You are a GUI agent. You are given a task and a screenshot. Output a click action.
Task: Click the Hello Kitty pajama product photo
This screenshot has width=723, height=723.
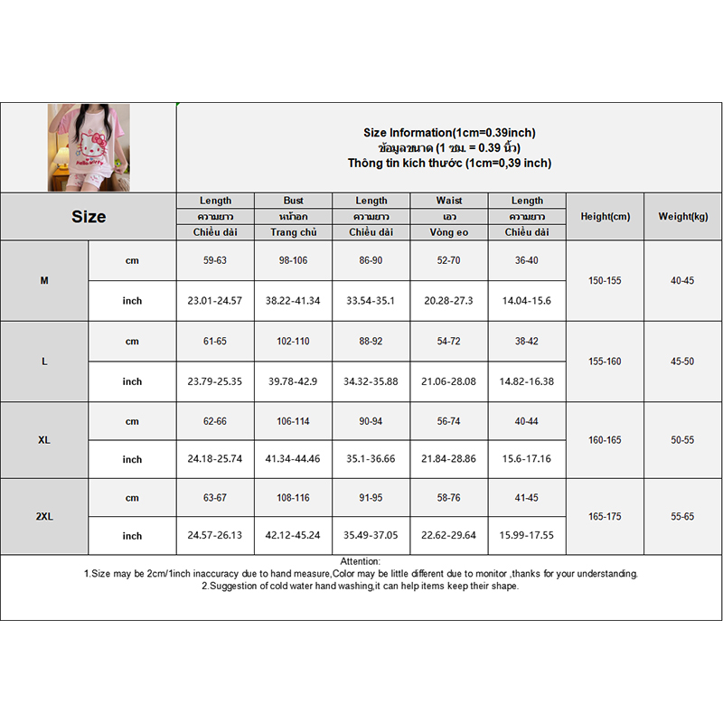[x=89, y=147]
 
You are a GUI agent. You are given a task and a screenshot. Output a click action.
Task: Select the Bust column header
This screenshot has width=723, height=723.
[x=294, y=201]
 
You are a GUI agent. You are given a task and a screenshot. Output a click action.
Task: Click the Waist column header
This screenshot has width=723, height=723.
[x=449, y=201]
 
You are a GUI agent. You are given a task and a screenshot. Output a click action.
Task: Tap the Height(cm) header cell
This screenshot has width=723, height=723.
[x=606, y=216]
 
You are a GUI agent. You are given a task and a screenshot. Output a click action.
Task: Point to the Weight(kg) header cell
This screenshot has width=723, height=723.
[x=682, y=216]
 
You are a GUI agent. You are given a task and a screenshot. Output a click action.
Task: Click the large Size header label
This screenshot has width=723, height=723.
[x=89, y=217]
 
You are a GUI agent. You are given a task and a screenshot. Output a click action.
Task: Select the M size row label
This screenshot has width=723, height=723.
[x=44, y=281]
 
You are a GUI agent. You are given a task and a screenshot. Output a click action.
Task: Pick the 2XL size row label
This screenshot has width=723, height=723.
[x=44, y=517]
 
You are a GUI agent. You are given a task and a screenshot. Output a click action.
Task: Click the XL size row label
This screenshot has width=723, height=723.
[x=44, y=440]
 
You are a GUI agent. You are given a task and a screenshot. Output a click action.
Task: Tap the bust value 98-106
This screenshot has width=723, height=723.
[x=294, y=261]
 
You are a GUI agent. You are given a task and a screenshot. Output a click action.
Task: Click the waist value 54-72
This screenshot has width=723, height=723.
[x=449, y=342]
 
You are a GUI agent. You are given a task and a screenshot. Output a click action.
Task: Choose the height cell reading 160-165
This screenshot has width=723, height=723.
[x=606, y=440]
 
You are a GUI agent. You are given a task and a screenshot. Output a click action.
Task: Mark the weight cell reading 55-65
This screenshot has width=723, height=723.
[x=682, y=517]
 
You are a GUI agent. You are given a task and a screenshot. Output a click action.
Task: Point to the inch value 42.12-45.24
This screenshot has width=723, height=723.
[x=294, y=535]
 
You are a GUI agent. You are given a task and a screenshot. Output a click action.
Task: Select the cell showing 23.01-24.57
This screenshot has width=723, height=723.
[x=215, y=301]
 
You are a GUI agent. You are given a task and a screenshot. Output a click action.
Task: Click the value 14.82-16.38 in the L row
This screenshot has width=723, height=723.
[x=527, y=381]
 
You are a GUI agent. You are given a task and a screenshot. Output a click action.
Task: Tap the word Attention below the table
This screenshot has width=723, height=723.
[x=361, y=562]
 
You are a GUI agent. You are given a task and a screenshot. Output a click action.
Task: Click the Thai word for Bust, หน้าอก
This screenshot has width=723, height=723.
[x=294, y=217]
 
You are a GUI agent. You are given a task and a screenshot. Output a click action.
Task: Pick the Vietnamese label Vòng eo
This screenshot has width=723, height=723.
[x=449, y=232]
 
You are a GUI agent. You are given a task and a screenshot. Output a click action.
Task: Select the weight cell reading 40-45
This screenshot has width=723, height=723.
[x=682, y=281]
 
